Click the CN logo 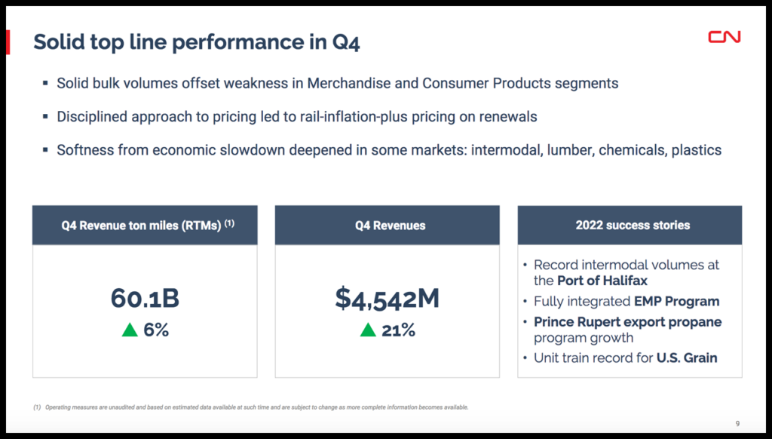[x=725, y=36]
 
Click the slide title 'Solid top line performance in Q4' [x=196, y=42]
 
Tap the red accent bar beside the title [x=8, y=42]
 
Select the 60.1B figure [x=145, y=299]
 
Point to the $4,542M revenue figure [x=387, y=299]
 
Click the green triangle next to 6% [x=130, y=330]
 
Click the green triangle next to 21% [x=368, y=330]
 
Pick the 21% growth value [x=397, y=330]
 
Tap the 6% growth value [x=156, y=330]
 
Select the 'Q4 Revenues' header [x=387, y=225]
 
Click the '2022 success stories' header [x=630, y=225]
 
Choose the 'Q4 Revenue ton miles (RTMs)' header [x=145, y=225]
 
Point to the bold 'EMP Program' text [x=676, y=301]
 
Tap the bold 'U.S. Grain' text [x=686, y=358]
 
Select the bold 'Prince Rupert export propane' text [x=628, y=321]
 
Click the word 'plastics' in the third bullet [x=695, y=149]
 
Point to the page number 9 [x=737, y=422]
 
